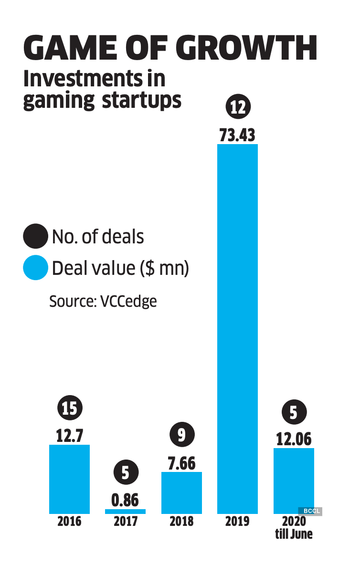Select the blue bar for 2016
click(69, 479)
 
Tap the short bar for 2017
click(125, 511)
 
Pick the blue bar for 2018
click(181, 492)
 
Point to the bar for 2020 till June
click(294, 480)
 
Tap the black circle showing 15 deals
click(70, 409)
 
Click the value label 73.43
click(237, 135)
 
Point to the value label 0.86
click(125, 500)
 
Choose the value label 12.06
click(294, 439)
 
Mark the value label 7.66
click(181, 463)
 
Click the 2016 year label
click(69, 521)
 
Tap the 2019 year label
click(237, 521)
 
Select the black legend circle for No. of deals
click(35, 237)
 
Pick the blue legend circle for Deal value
click(35, 268)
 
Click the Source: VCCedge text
click(103, 302)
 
